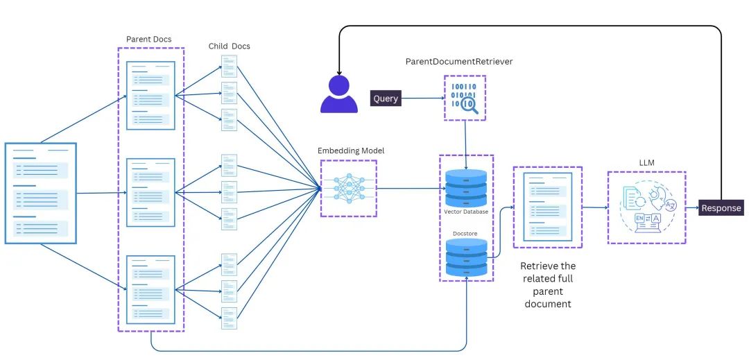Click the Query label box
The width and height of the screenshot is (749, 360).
point(386,98)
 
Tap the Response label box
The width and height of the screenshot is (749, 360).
point(721,207)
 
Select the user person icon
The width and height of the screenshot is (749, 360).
point(338,94)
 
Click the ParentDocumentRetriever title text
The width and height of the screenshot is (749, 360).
point(459,62)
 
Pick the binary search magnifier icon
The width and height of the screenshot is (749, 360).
point(465,98)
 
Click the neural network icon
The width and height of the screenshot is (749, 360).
point(348,188)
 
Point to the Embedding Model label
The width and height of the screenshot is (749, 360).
point(351,151)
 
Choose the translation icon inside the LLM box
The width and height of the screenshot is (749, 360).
point(646,207)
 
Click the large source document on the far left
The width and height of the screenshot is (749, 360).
point(40,193)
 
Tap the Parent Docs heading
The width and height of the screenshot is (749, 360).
point(149,39)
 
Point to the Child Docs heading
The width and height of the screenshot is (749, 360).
point(230,46)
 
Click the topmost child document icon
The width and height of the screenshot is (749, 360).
point(230,67)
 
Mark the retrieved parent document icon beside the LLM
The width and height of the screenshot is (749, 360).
point(547,207)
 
